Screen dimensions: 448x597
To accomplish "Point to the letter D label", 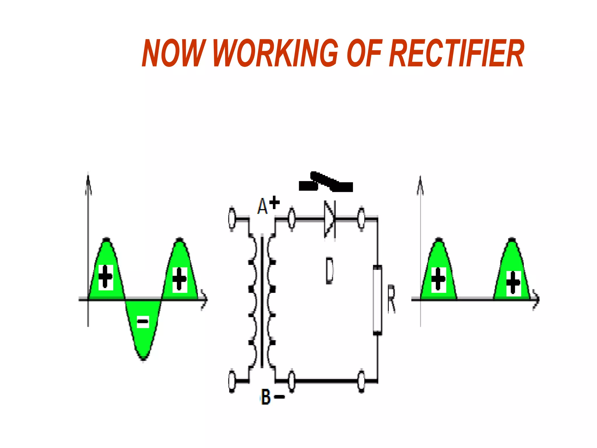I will (x=329, y=270).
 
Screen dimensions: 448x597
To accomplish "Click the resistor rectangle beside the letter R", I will (x=377, y=300).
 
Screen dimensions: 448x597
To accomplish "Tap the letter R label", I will (x=391, y=300).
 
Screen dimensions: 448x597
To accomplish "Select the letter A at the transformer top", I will (x=262, y=206).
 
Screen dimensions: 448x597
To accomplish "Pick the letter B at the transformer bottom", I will (x=266, y=397).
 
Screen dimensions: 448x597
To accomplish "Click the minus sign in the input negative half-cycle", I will (x=143, y=322).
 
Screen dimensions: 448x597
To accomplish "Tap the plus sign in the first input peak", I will (x=106, y=277).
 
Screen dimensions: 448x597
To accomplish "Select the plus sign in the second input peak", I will (x=180, y=279).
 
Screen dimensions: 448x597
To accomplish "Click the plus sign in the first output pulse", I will (x=438, y=279).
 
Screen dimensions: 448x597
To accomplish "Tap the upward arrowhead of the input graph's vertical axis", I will (x=88, y=182).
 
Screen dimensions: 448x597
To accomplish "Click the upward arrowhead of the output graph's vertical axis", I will (x=420, y=184).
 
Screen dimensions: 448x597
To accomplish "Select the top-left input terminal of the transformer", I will (x=232, y=218).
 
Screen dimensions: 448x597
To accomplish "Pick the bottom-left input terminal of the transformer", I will (x=232, y=381).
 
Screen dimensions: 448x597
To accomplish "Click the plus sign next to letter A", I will (x=274, y=202).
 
